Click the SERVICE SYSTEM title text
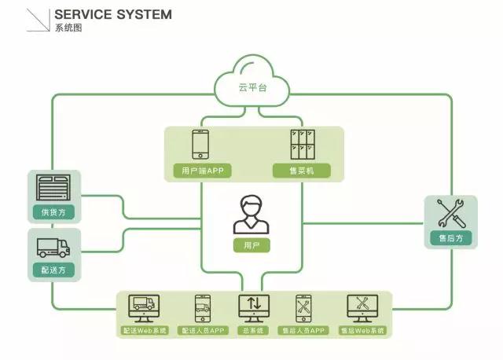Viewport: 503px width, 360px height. coord(113,14)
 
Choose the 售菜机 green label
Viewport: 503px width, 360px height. coord(303,170)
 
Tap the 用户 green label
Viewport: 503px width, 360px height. coord(251,246)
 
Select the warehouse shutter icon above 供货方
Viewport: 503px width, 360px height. coord(53,188)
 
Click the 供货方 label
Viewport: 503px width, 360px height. coord(53,212)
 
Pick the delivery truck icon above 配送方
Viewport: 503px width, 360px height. coord(53,247)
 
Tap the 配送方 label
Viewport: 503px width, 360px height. coord(53,270)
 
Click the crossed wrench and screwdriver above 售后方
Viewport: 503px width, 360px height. coord(451,214)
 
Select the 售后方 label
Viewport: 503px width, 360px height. coord(451,237)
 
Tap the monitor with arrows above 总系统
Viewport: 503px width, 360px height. coord(253,307)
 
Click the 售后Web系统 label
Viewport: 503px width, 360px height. coord(362,331)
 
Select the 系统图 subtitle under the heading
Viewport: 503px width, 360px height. coord(68,28)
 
